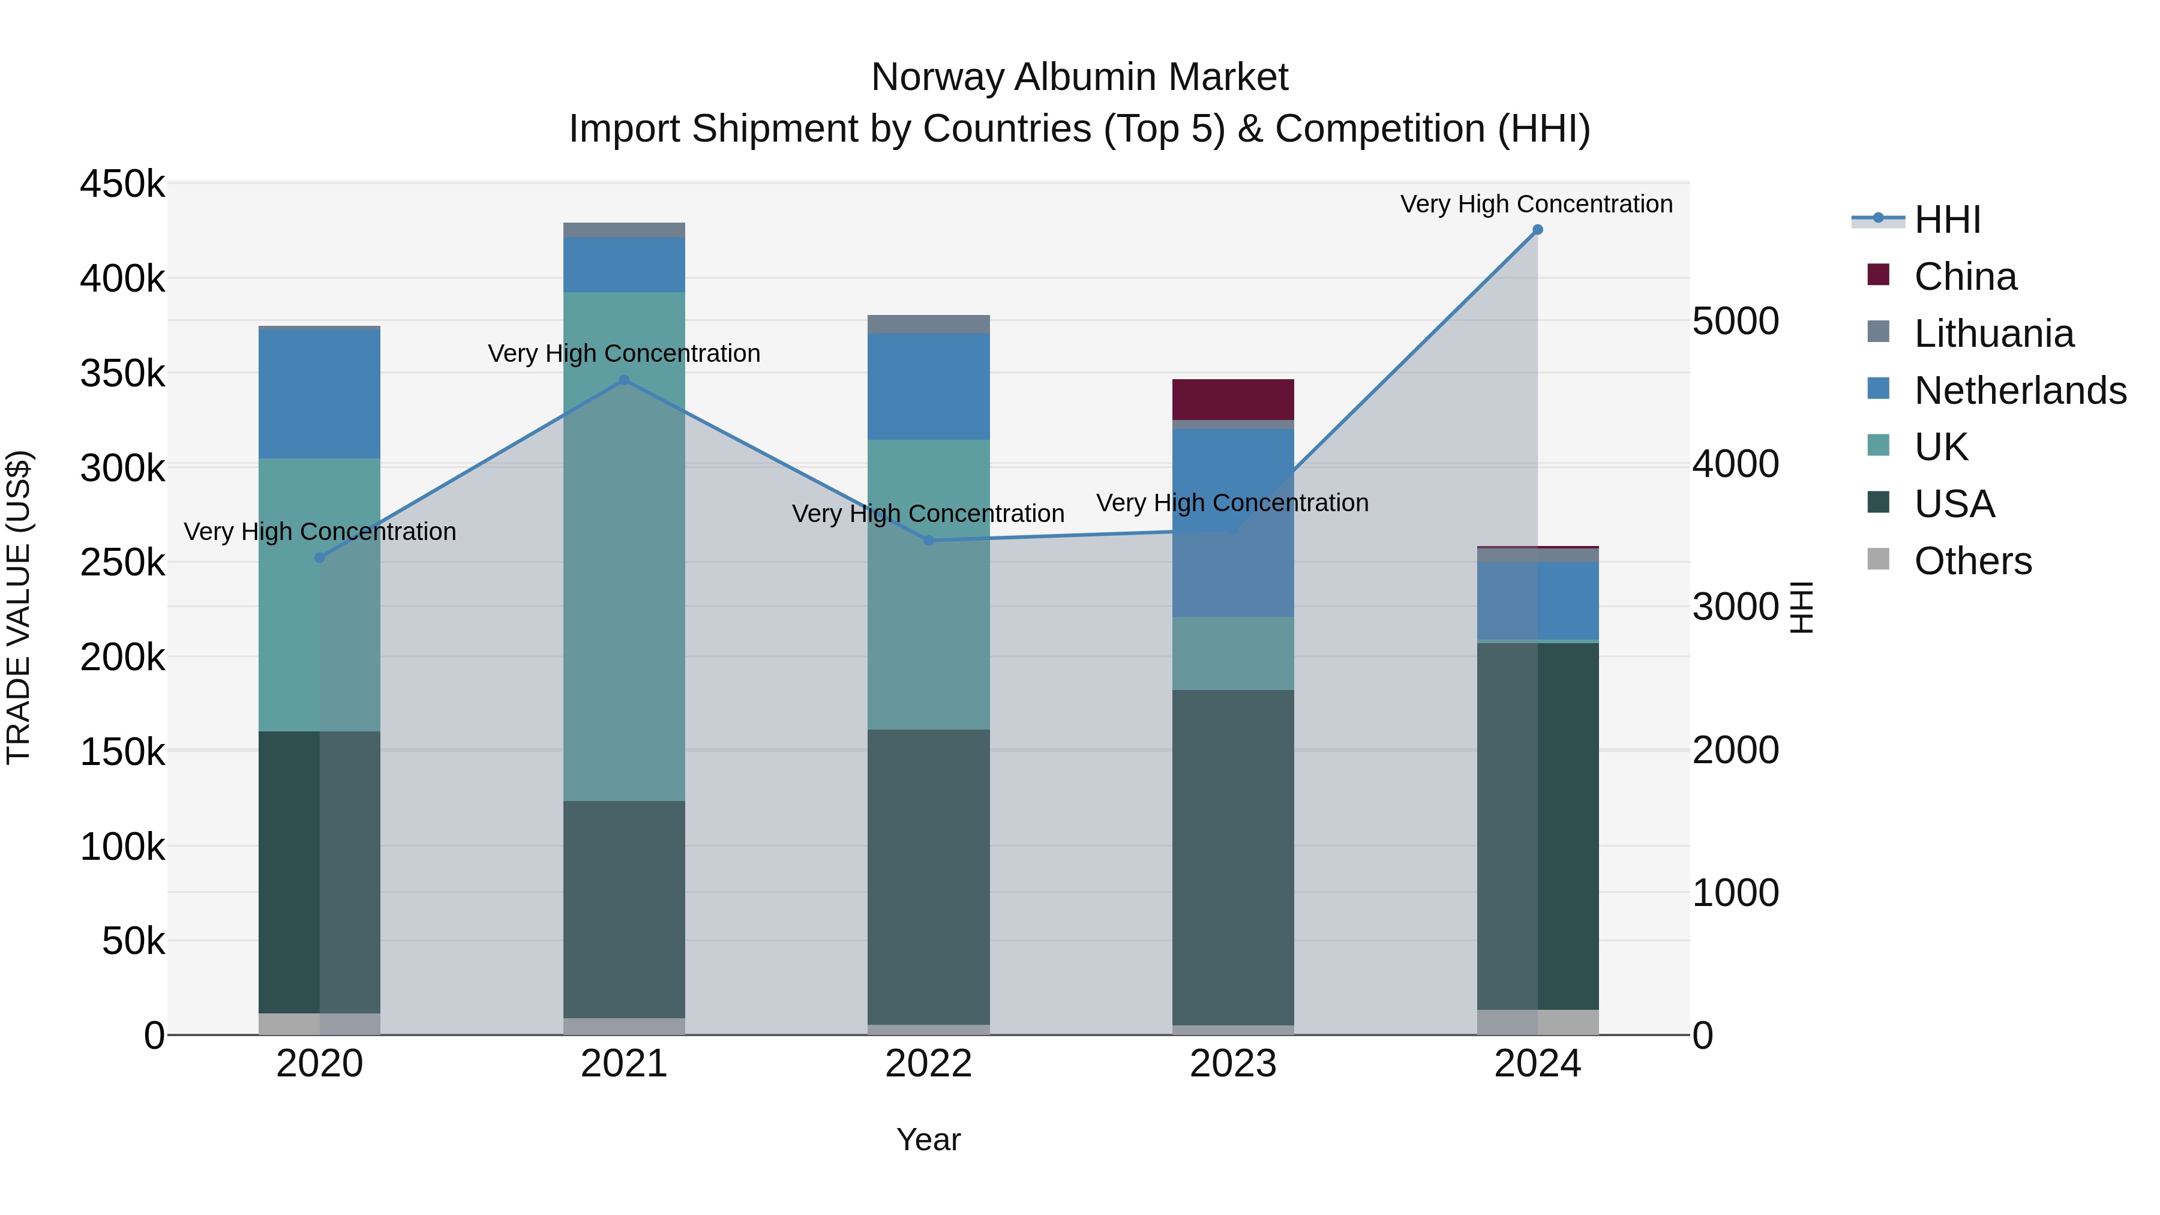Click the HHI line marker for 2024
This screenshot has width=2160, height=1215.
pyautogui.click(x=1537, y=230)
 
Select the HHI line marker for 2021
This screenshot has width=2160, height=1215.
pyautogui.click(x=624, y=380)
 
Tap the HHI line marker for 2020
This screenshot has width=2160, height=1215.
pyautogui.click(x=319, y=557)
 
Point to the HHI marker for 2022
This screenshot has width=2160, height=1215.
pyautogui.click(x=928, y=541)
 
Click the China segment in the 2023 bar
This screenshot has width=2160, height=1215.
pyautogui.click(x=1232, y=399)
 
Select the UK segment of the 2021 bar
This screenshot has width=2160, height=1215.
pyautogui.click(x=624, y=545)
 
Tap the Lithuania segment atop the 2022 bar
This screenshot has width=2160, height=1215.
pyautogui.click(x=928, y=325)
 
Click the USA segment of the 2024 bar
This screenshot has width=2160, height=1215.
pyautogui.click(x=1537, y=826)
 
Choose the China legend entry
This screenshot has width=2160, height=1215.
pyautogui.click(x=1964, y=277)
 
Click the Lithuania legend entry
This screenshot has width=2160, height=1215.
pyautogui.click(x=1993, y=334)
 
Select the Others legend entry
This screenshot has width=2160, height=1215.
pyautogui.click(x=1972, y=561)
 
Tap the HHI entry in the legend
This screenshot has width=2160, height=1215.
pyautogui.click(x=1947, y=220)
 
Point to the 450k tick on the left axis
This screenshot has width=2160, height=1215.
pyautogui.click(x=122, y=184)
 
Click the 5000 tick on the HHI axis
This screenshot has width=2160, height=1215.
pyautogui.click(x=1735, y=321)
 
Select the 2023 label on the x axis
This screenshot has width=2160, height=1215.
pyautogui.click(x=1232, y=1064)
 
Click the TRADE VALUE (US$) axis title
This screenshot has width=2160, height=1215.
pyautogui.click(x=19, y=607)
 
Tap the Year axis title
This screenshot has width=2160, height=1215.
pyautogui.click(x=928, y=1139)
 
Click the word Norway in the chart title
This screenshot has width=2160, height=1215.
pyautogui.click(x=937, y=77)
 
